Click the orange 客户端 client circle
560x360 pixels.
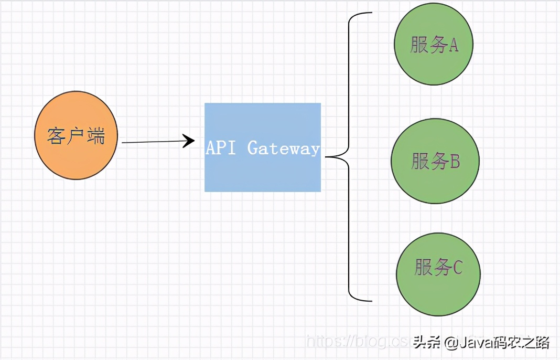click(x=76, y=135)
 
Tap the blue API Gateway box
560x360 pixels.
click(x=263, y=147)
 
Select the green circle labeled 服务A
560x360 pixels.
click(x=434, y=45)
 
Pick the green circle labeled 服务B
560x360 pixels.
click(x=435, y=161)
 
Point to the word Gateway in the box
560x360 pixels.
click(x=283, y=149)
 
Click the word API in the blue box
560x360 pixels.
click(x=221, y=148)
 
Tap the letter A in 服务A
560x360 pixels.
click(x=453, y=46)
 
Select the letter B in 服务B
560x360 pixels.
click(x=455, y=161)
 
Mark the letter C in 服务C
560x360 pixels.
click(x=457, y=268)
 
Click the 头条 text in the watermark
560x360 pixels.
click(x=426, y=343)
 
